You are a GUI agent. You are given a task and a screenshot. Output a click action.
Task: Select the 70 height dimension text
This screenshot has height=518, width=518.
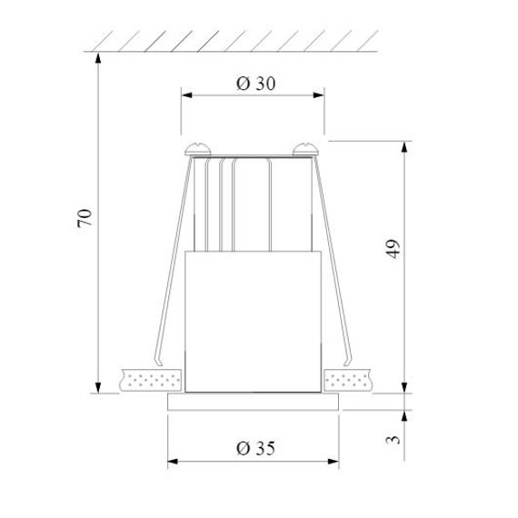(x=85, y=217)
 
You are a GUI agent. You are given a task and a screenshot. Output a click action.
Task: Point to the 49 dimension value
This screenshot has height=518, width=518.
(x=393, y=250)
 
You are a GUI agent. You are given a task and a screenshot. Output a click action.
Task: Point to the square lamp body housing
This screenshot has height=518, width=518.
(x=253, y=323)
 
